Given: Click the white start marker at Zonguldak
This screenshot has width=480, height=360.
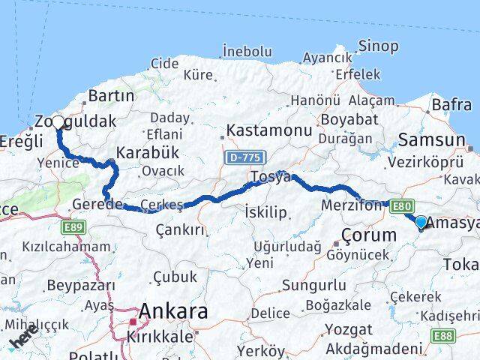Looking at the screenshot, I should [x=58, y=121].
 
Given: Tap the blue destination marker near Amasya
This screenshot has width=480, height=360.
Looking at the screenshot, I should [x=421, y=222].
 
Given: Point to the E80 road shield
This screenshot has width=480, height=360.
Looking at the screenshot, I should [x=400, y=203].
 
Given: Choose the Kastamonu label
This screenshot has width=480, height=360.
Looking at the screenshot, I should [x=268, y=130].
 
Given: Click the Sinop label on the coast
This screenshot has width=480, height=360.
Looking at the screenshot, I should [x=379, y=46].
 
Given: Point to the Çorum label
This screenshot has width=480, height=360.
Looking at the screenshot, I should [x=369, y=235].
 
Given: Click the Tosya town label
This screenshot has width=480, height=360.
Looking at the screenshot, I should [x=271, y=177].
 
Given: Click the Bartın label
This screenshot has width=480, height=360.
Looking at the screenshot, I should [x=111, y=96].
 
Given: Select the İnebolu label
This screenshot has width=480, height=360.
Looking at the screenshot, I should [x=247, y=51].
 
